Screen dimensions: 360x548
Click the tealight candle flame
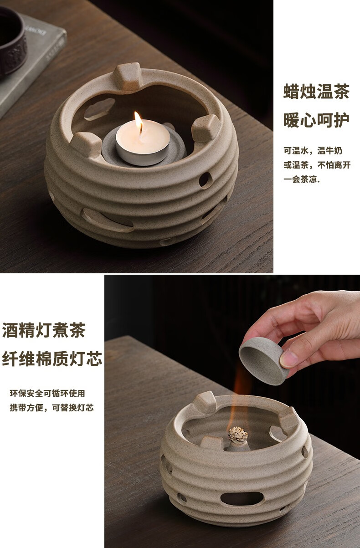click(139, 123)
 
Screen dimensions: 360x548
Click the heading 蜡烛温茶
click(317, 92)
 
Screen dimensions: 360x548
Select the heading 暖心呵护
click(317, 120)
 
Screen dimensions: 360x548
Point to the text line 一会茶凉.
click(302, 180)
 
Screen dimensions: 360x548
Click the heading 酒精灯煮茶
click(44, 330)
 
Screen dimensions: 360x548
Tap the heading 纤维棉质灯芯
click(52, 359)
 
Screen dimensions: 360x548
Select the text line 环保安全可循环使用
click(47, 394)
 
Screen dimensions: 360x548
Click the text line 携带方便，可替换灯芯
click(51, 408)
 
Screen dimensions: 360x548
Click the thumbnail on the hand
click(289, 359)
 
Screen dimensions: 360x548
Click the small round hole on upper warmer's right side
click(205, 180)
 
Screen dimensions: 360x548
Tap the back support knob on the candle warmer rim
click(127, 76)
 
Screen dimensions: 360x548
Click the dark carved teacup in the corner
click(12, 41)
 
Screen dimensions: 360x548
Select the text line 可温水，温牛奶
click(313, 151)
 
